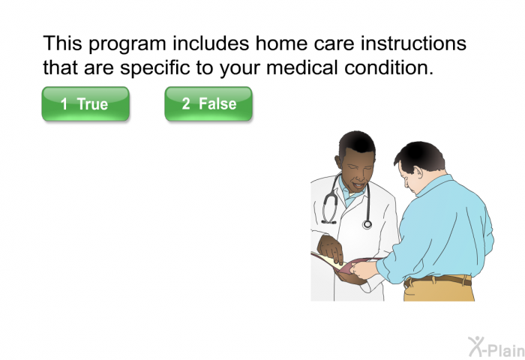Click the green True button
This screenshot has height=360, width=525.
(85, 103)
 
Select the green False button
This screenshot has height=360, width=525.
(208, 103)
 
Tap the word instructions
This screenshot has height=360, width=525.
(413, 43)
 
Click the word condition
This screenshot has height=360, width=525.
(389, 67)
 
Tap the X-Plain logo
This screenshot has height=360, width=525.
(496, 347)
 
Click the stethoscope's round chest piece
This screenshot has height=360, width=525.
(367, 224)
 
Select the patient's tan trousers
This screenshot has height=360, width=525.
(439, 290)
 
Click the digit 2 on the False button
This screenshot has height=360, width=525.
(186, 103)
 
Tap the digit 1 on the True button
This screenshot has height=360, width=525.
(64, 103)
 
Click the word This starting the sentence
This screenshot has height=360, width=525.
(62, 43)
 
